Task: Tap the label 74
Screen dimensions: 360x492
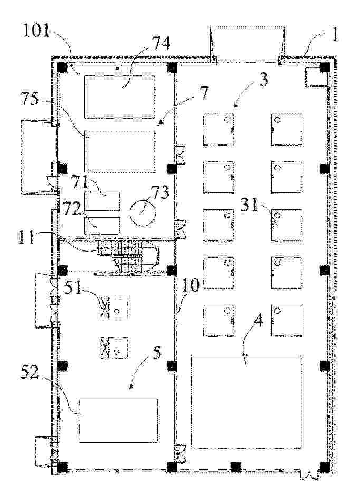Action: [x=161, y=43]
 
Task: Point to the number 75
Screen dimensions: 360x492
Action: [x=30, y=100]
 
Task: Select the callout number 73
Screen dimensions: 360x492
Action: [x=160, y=192]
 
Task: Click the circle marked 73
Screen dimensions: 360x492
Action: [x=143, y=213]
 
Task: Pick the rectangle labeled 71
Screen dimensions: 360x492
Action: [x=102, y=201]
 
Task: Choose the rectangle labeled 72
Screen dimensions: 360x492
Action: [x=102, y=226]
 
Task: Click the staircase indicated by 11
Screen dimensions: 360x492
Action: [x=128, y=256]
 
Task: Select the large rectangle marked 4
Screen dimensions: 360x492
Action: [x=247, y=402]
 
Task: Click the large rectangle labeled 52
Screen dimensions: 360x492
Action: [x=118, y=420]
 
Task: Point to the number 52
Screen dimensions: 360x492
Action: [x=30, y=372]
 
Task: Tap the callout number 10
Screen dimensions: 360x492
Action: [x=190, y=286]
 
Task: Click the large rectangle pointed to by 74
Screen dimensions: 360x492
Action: [x=120, y=97]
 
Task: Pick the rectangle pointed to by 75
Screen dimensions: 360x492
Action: [x=120, y=151]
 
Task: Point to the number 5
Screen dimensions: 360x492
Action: [x=157, y=352]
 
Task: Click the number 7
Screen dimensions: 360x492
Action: [x=204, y=93]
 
